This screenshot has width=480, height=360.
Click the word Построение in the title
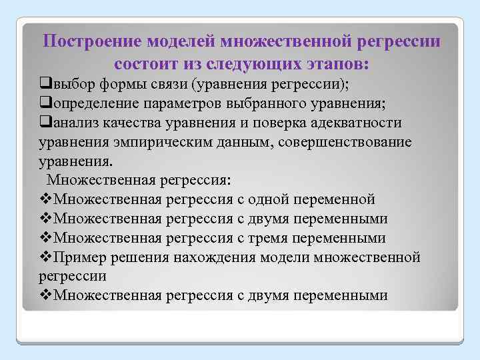85,41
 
